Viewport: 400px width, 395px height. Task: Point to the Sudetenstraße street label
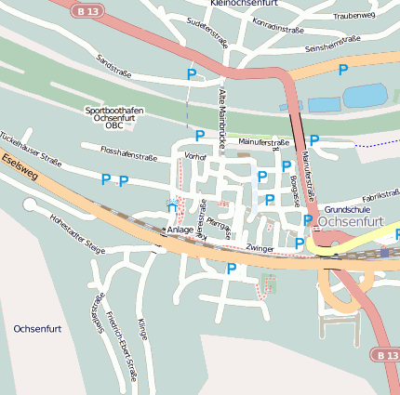coord(207,34)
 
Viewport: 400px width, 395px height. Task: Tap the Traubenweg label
coord(353,16)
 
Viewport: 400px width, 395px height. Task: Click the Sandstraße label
coord(114,65)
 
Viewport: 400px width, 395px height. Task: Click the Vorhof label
coord(195,156)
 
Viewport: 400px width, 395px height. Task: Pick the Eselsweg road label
coord(19,171)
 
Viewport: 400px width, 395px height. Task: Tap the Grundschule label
coord(348,210)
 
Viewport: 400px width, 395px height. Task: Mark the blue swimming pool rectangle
coord(364,96)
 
